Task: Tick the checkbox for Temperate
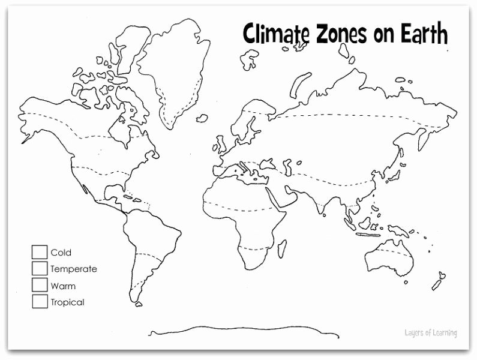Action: click(40, 268)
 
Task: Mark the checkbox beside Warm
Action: click(40, 285)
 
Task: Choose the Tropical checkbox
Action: click(40, 301)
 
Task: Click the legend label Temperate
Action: click(73, 269)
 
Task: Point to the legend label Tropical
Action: click(67, 302)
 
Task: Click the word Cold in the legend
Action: click(61, 253)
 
